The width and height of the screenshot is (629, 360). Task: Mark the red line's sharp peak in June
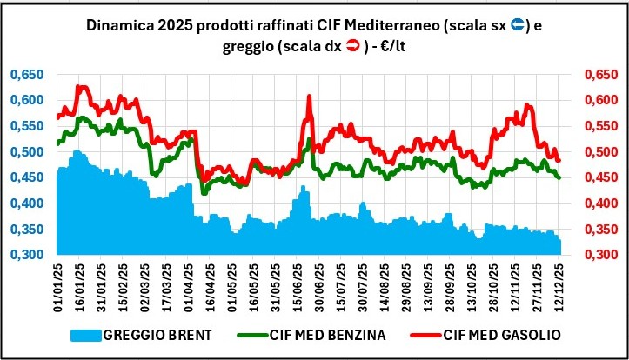coord(309,96)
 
